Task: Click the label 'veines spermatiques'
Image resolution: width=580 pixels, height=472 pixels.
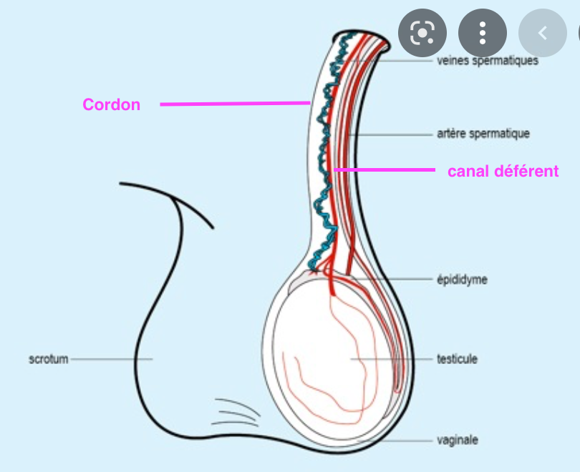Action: coord(487,61)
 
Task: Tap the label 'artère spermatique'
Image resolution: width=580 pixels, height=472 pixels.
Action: coord(483,134)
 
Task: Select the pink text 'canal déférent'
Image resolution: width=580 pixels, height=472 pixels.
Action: coord(503,172)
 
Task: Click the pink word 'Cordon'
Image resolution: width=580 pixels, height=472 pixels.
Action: coord(111,104)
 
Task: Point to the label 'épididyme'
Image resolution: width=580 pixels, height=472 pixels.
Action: coord(462,280)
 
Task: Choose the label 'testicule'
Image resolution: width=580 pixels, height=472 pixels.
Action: coord(457,359)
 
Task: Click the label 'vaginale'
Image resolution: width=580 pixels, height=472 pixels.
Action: coord(457,440)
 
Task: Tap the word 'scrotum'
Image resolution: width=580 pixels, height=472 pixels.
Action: coord(49,359)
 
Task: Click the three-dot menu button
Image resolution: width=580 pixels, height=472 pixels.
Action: coord(483,33)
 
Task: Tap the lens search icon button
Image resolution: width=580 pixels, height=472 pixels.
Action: coord(422,33)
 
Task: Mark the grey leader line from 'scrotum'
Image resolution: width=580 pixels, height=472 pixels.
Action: coord(111,359)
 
